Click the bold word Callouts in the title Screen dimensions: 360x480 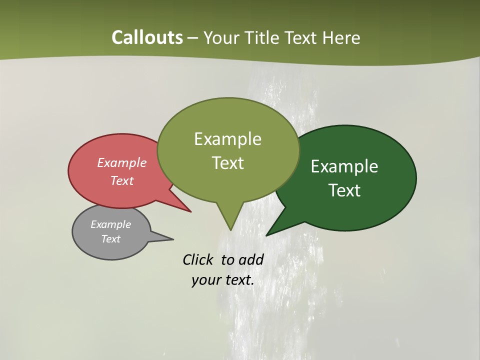pos(147,37)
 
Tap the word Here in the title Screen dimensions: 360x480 pos(341,37)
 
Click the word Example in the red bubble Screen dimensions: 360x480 pos(122,162)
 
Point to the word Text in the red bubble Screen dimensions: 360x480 pos(122,180)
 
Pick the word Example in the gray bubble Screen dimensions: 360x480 pos(110,224)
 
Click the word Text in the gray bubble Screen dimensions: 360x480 pos(110,239)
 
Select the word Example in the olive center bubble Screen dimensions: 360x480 pos(227,139)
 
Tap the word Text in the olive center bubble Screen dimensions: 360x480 pos(227,163)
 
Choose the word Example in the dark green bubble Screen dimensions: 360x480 pos(344,166)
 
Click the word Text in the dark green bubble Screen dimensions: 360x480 pos(344,190)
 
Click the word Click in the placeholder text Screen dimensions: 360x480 pos(198,259)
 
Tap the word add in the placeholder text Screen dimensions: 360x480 pos(250,259)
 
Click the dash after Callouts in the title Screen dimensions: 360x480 pos(193,38)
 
